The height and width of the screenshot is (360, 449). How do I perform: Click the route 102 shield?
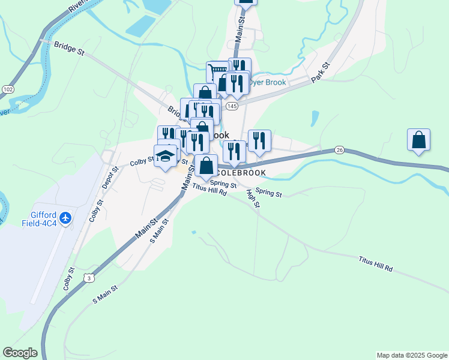pos(8,89)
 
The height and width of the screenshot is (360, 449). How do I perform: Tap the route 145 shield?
pos(232,106)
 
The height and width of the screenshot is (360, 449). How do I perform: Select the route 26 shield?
pos(339,149)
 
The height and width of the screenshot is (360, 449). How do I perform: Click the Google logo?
pos(20,353)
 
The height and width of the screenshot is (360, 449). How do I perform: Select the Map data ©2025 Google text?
pos(412,355)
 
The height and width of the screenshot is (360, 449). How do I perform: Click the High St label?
pos(253,199)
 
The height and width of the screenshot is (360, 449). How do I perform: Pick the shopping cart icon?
pos(217,72)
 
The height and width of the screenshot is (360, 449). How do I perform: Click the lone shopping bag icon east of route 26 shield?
pos(418,140)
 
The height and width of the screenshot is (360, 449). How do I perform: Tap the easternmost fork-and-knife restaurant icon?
pos(259,141)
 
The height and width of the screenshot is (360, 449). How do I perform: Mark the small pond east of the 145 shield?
pos(315,118)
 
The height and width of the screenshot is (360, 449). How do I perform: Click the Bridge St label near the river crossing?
pos(68,47)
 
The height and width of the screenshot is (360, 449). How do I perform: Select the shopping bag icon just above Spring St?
pos(206,166)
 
